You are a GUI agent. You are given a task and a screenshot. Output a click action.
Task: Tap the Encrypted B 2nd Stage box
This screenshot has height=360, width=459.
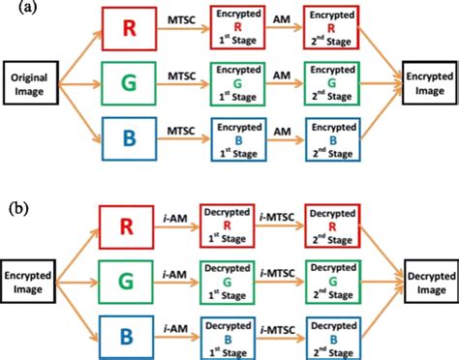(329, 135)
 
